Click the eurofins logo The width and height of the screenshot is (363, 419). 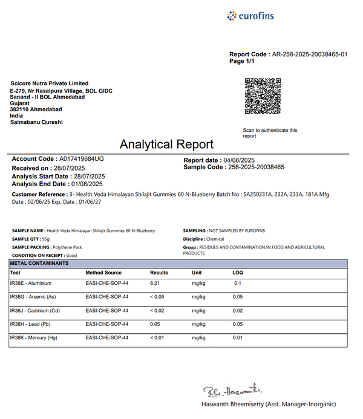250,16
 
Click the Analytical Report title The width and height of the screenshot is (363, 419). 166,145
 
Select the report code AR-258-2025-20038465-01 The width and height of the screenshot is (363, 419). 310,54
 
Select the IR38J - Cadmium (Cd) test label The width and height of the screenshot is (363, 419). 34,311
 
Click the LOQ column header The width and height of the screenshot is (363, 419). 238,273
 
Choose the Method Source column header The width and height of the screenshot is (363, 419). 103,273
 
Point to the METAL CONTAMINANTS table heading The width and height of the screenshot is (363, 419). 40,264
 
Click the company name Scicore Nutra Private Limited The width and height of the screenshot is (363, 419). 50,83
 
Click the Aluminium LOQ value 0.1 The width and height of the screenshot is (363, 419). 237,283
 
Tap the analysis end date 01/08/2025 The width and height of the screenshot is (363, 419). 87,184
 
